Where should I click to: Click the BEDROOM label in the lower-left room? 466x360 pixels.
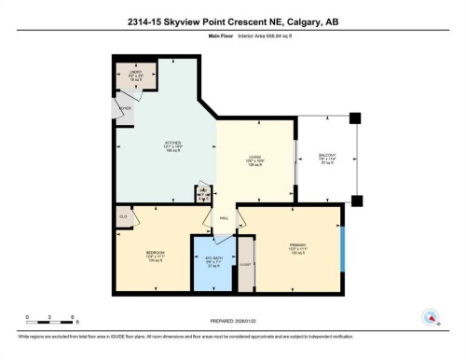tap(156, 255)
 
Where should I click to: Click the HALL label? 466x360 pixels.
tap(224, 218)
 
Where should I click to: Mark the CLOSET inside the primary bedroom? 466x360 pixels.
tap(246, 265)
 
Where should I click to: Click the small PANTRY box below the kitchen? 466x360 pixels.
tap(203, 192)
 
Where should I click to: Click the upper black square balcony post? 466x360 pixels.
tap(355, 118)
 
